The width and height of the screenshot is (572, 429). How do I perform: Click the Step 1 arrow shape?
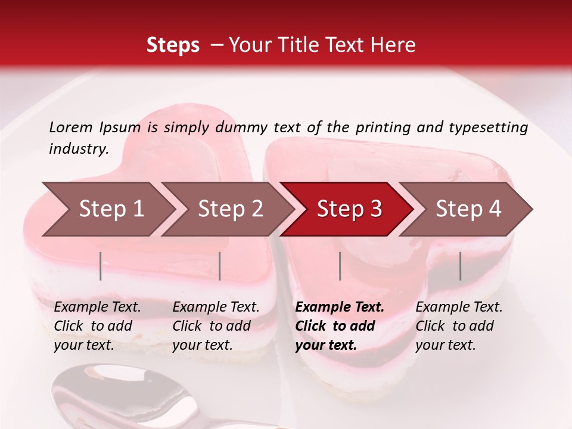[x=107, y=209]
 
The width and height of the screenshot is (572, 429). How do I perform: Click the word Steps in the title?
[x=173, y=45]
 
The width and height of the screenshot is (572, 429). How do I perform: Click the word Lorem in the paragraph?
[x=71, y=127]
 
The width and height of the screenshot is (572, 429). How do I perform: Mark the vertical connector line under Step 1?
[x=101, y=266]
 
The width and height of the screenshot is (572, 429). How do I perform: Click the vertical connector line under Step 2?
[x=220, y=266]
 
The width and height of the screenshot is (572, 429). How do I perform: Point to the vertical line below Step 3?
[x=340, y=266]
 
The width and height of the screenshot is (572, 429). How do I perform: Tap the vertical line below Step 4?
[x=461, y=266]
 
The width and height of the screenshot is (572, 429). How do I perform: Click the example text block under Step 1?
[x=97, y=326]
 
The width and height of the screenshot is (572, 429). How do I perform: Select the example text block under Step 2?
[x=216, y=326]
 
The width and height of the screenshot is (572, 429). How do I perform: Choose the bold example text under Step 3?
[x=340, y=326]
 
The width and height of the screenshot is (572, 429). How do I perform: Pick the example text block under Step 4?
[x=459, y=326]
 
